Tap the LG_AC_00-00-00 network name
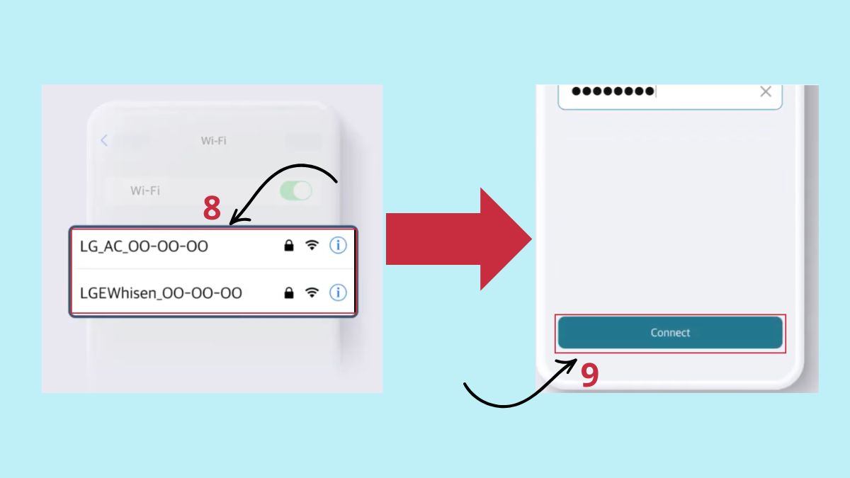pos(144,246)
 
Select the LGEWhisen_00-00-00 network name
pos(161,293)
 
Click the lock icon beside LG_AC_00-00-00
pos(289,246)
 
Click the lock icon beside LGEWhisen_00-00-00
pos(289,292)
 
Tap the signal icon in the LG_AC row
pos(312,245)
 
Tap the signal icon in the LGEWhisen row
pos(312,292)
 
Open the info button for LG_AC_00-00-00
pos(338,245)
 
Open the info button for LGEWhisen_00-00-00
pos(338,292)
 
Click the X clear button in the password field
pos(766,91)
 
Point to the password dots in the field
pos(613,91)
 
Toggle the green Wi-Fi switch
pos(296,190)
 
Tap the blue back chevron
pos(104,140)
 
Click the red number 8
pos(212,208)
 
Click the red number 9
pos(589,375)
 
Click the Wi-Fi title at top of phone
pos(214,141)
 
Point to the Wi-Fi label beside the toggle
pos(145,190)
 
